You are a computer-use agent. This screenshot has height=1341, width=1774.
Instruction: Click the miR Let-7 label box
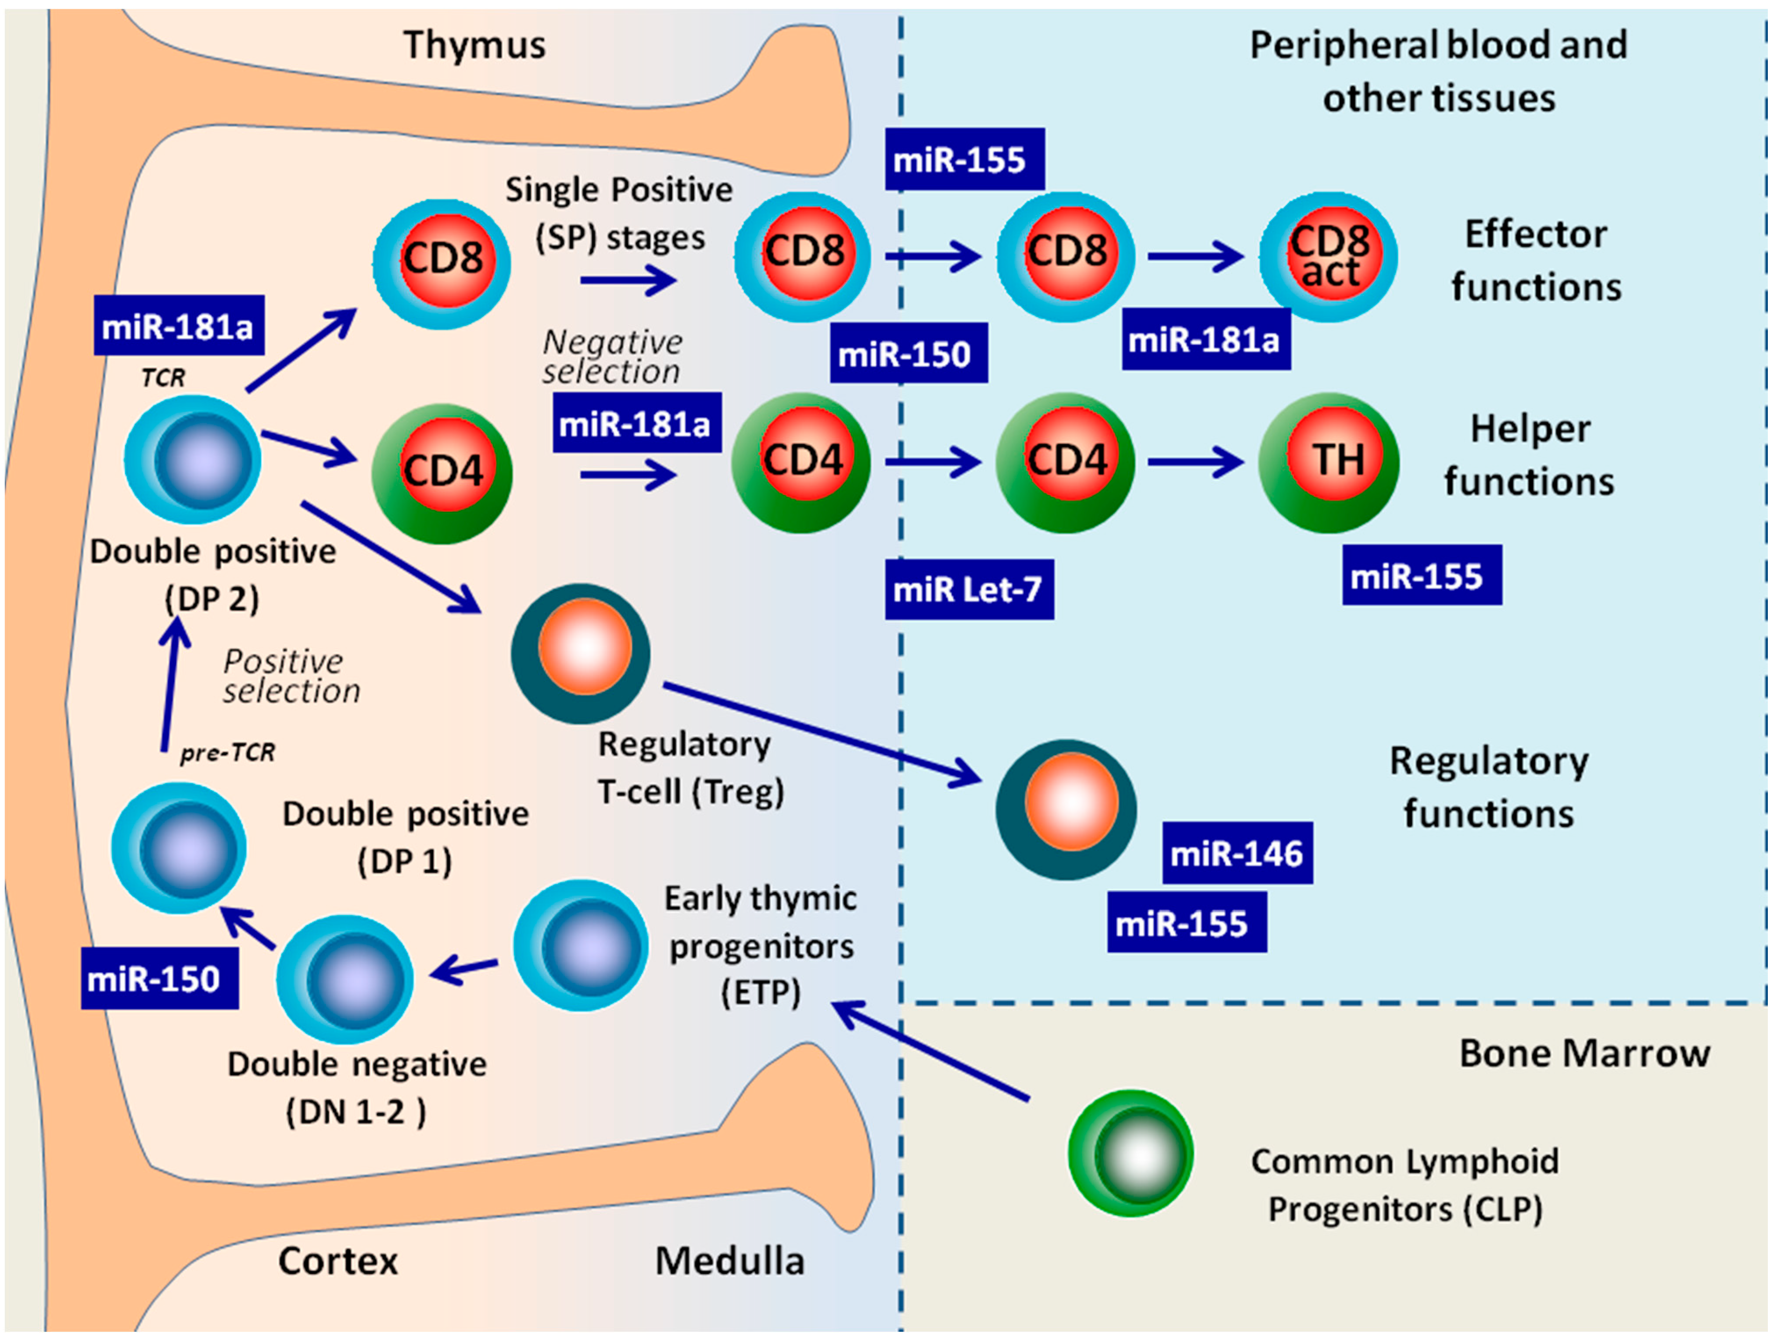(x=969, y=590)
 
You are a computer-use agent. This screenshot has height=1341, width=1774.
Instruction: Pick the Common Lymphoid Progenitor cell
(x=1131, y=1153)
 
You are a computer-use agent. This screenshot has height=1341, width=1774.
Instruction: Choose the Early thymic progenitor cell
(x=581, y=945)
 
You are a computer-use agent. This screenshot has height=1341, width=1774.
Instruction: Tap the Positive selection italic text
(x=291, y=676)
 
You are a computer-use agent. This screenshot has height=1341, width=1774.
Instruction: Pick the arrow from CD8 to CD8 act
(x=1196, y=257)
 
